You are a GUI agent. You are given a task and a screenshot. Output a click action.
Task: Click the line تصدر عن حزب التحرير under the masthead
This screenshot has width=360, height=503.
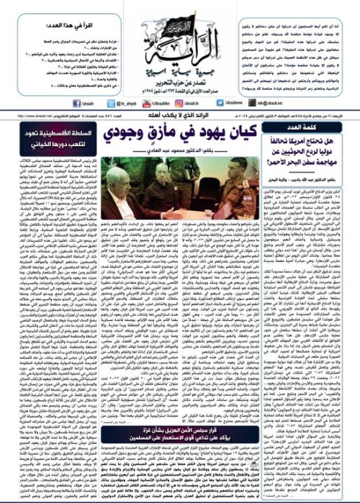coord(180,72)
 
